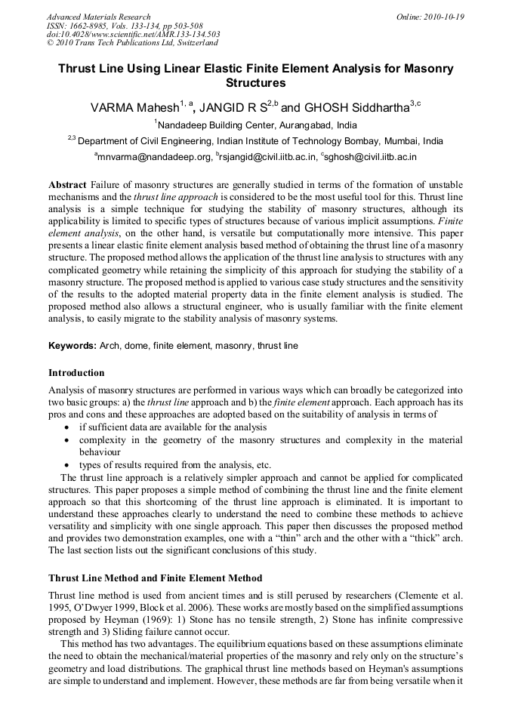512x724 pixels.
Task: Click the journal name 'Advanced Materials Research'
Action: click(x=98, y=17)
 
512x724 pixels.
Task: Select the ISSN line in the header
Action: click(x=115, y=26)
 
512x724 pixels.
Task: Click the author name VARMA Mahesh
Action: click(x=134, y=108)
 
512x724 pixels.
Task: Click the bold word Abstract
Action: click(x=67, y=185)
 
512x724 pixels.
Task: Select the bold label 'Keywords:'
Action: click(x=72, y=346)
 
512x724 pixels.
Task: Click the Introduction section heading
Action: click(x=76, y=373)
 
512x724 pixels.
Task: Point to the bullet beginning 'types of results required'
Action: click(x=174, y=464)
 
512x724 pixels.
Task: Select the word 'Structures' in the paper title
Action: click(x=256, y=82)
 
